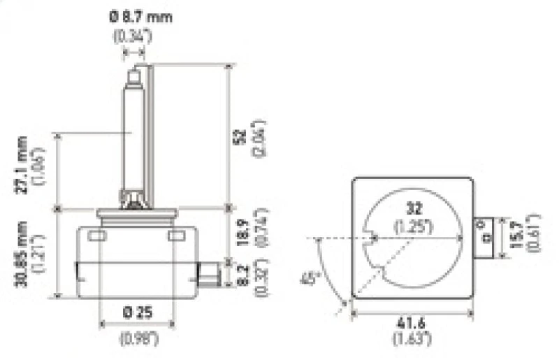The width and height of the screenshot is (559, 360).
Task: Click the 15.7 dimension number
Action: (518, 233)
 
